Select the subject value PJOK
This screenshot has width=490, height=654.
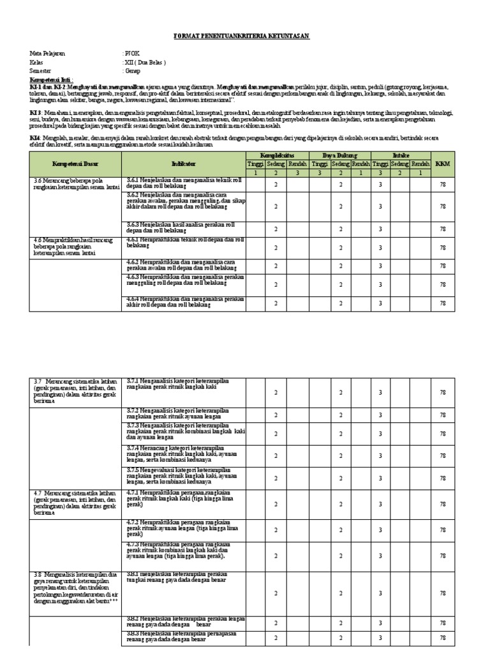131,54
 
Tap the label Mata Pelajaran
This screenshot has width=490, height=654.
48,54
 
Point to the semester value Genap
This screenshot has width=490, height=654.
133,72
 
